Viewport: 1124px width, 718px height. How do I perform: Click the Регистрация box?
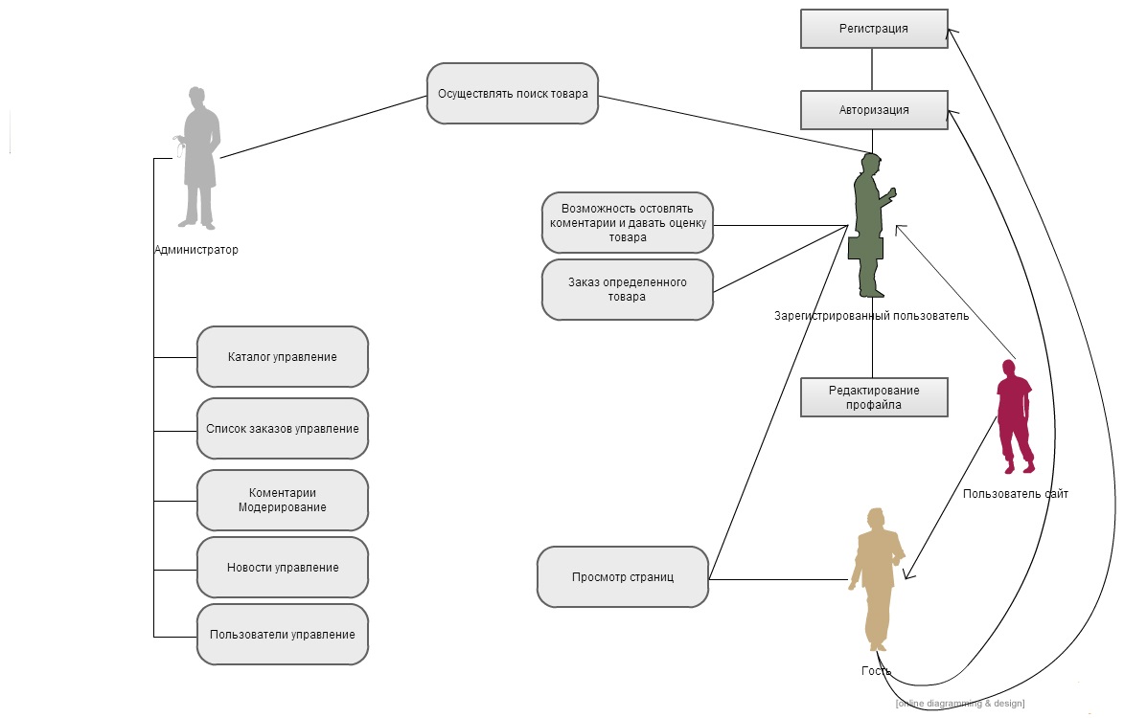pyautogui.click(x=874, y=29)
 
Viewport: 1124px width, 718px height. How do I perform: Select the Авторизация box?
pyautogui.click(x=874, y=110)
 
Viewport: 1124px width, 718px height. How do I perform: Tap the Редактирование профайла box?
pyautogui.click(x=874, y=397)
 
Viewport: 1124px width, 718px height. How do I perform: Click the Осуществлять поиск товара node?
pyautogui.click(x=513, y=94)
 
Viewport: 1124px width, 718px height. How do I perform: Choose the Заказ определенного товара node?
pyautogui.click(x=628, y=289)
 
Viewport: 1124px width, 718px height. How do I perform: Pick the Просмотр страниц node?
pyautogui.click(x=623, y=577)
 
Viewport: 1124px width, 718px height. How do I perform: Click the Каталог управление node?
pyautogui.click(x=283, y=357)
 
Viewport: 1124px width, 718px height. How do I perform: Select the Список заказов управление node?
pyautogui.click(x=283, y=429)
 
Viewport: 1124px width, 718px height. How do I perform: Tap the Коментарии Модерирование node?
pyautogui.click(x=283, y=500)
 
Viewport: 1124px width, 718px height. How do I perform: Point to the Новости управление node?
pyautogui.click(x=283, y=568)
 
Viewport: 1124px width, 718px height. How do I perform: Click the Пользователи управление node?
pyautogui.click(x=283, y=635)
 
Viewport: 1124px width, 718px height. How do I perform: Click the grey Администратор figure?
pyautogui.click(x=200, y=158)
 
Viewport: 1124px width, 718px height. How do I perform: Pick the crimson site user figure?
pyautogui.click(x=1013, y=416)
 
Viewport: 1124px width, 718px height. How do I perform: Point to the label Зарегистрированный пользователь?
pyautogui.click(x=872, y=316)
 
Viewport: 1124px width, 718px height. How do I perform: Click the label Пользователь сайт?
pyautogui.click(x=1016, y=494)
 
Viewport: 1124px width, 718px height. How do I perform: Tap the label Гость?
pyautogui.click(x=876, y=671)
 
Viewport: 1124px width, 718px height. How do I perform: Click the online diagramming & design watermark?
pyautogui.click(x=960, y=704)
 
